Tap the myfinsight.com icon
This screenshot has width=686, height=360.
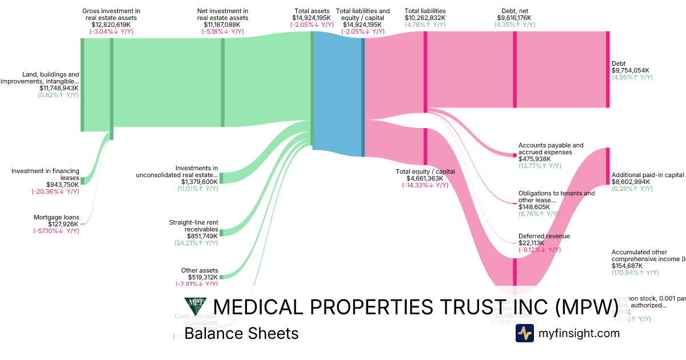point(524,333)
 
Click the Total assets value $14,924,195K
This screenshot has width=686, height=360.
point(311,18)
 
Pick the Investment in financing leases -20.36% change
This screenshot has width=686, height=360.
point(55,191)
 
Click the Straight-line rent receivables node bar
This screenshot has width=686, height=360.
point(222,233)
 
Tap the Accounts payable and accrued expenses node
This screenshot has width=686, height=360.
point(514,155)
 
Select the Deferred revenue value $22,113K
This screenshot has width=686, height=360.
point(535,243)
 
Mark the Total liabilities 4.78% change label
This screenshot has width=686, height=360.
point(425,25)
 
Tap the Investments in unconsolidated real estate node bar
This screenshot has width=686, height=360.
point(222,178)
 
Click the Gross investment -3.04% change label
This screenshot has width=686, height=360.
point(111,31)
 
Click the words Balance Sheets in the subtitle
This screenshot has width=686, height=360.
point(241,333)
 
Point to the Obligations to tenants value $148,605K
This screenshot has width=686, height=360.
point(535,207)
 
